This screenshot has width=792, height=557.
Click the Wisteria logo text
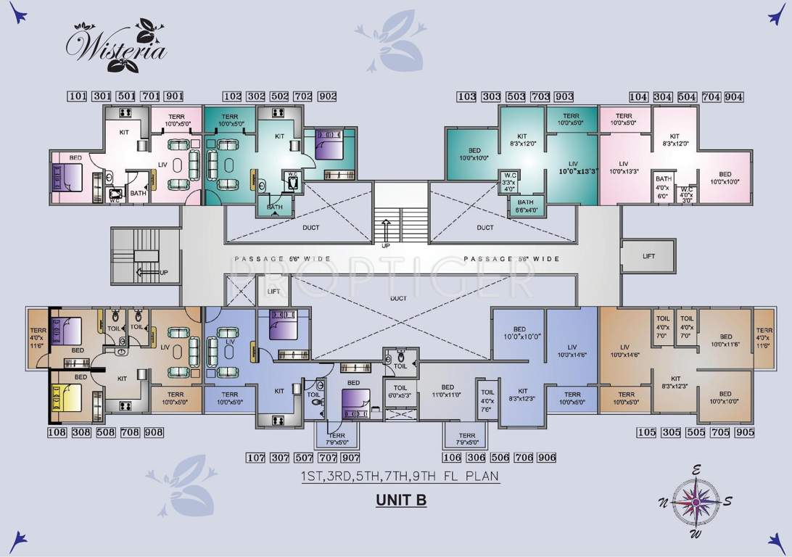(116, 47)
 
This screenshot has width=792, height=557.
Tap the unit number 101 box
(78, 96)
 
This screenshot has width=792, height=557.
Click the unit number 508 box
(106, 433)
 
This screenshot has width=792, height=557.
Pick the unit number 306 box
(476, 458)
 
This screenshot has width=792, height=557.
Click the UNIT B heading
(400, 500)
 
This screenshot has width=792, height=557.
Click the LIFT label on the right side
(648, 257)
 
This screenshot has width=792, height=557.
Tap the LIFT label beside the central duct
(273, 291)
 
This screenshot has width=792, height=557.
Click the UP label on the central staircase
(387, 245)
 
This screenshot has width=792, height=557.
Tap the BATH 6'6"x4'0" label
(526, 206)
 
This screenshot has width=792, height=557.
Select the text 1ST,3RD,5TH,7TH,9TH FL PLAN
(400, 477)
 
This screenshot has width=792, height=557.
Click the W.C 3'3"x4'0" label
(509, 182)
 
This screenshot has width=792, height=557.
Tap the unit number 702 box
(303, 96)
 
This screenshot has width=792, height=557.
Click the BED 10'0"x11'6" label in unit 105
(725, 340)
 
